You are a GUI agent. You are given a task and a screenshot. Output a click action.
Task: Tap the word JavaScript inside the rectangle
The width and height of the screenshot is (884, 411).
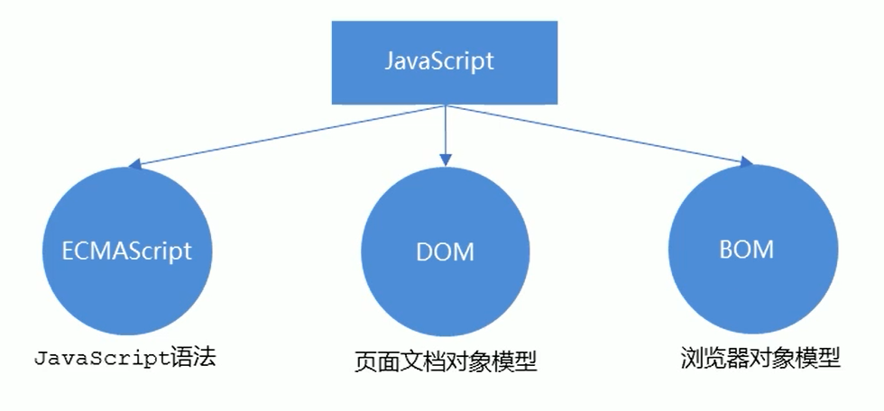pos(439,61)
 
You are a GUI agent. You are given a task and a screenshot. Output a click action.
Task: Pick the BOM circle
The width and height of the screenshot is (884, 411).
pos(748,249)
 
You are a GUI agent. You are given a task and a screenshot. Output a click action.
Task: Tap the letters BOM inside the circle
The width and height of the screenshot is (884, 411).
pos(748,248)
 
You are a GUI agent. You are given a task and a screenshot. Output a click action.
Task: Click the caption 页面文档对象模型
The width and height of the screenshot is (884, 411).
pos(446,362)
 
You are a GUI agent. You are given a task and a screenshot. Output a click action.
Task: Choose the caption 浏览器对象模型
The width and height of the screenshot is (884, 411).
pos(760,358)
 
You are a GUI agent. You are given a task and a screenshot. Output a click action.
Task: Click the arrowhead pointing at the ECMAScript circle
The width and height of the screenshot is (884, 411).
pos(134,165)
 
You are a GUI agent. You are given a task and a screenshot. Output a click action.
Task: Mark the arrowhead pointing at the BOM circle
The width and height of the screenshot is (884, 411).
pos(746,162)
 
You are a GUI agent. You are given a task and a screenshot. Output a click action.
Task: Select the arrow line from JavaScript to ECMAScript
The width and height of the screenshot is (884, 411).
pos(289,135)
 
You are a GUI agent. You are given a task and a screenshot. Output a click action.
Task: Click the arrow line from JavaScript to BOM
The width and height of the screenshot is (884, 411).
pos(595,134)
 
